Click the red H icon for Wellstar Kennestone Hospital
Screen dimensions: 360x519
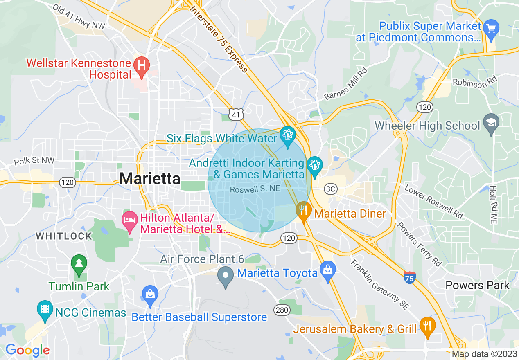(142, 65)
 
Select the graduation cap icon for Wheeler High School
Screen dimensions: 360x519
(491, 123)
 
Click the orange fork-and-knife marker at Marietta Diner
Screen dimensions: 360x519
(303, 210)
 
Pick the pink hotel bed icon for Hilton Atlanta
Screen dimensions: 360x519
(130, 220)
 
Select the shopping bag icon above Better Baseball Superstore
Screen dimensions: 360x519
(150, 294)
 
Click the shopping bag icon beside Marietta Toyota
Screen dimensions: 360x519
(327, 270)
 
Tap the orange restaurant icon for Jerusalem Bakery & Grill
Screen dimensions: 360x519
(427, 326)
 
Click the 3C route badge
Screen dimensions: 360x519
(330, 189)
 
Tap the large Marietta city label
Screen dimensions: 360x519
(150, 179)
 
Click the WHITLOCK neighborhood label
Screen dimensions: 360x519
(64, 236)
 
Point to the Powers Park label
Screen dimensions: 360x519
(477, 285)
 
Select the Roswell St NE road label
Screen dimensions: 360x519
(255, 189)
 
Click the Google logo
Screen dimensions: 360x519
(27, 350)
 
